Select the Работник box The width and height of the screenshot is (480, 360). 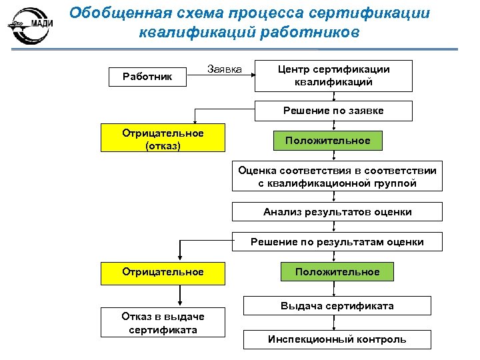147,77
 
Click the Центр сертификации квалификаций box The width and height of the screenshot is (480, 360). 333,76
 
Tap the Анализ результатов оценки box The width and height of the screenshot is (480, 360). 337,212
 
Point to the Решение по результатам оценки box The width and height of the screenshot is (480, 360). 337,242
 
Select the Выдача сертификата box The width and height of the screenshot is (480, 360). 337,306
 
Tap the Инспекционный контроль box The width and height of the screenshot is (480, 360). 337,339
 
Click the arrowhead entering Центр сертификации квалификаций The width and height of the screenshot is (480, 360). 253,75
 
